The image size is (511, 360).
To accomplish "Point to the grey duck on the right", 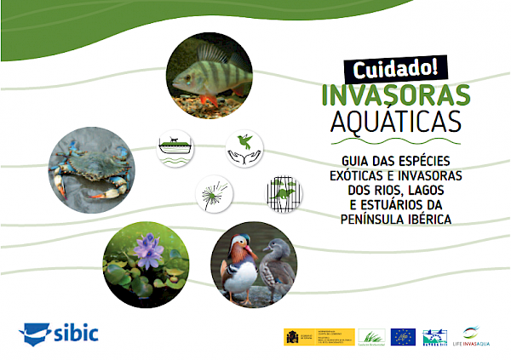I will pyautogui.click(x=274, y=263).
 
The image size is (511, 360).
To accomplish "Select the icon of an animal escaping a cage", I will pyautogui.click(x=284, y=194).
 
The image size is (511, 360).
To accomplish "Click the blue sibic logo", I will pyautogui.click(x=59, y=333).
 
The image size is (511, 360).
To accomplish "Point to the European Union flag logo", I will pyautogui.click(x=403, y=336).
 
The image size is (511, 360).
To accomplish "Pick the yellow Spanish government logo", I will pyautogui.click(x=298, y=336).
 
